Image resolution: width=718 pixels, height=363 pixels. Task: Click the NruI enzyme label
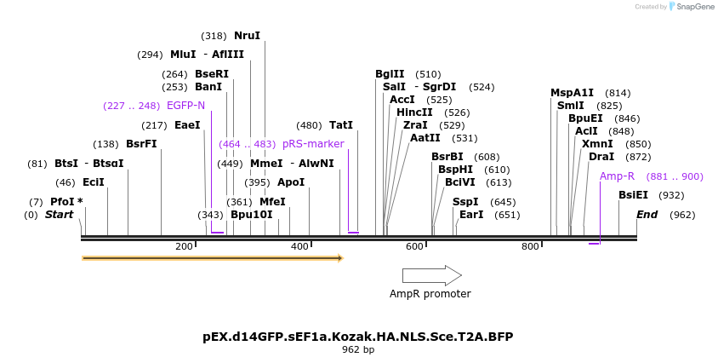pyautogui.click(x=247, y=36)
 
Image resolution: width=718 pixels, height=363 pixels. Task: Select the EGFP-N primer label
pyautogui.click(x=185, y=106)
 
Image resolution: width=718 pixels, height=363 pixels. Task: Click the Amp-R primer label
pyautogui.click(x=617, y=176)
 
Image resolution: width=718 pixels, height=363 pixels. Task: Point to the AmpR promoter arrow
pyautogui.click(x=431, y=275)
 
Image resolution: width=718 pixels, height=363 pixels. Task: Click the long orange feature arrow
pyautogui.click(x=212, y=257)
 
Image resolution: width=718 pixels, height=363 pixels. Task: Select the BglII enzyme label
pyautogui.click(x=390, y=74)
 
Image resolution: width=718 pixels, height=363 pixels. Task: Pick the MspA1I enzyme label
pyautogui.click(x=572, y=93)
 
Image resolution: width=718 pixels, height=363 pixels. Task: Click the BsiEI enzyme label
pyautogui.click(x=633, y=195)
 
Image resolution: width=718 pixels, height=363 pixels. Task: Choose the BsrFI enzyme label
pyautogui.click(x=141, y=144)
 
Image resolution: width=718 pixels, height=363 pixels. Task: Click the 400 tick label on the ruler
pyautogui.click(x=299, y=247)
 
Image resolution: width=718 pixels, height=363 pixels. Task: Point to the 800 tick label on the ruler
pyautogui.click(x=530, y=247)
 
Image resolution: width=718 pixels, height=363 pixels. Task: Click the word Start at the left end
pyautogui.click(x=60, y=214)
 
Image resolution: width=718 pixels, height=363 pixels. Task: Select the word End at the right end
pyautogui.click(x=647, y=214)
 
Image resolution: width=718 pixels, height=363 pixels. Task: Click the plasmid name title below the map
pyautogui.click(x=358, y=337)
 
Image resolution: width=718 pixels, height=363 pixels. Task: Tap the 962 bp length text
pyautogui.click(x=358, y=349)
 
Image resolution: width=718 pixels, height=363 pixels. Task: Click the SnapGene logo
pyautogui.click(x=690, y=7)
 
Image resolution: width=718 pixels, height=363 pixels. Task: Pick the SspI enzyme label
pyautogui.click(x=465, y=202)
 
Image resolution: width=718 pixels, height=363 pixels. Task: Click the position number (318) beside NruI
pyautogui.click(x=214, y=36)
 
